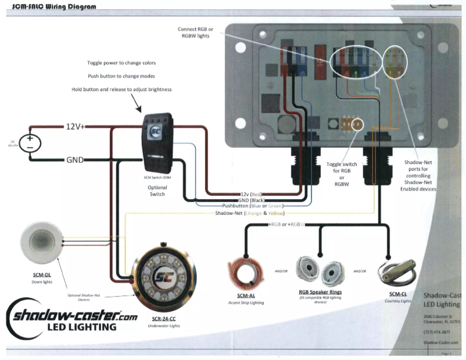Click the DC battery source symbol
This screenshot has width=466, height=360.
click(28, 143)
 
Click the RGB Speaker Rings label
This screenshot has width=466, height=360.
click(320, 292)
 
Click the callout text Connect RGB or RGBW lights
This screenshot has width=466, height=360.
click(196, 33)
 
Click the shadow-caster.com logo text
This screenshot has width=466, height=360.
click(72, 317)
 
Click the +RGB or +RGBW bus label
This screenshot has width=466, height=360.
click(288, 224)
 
